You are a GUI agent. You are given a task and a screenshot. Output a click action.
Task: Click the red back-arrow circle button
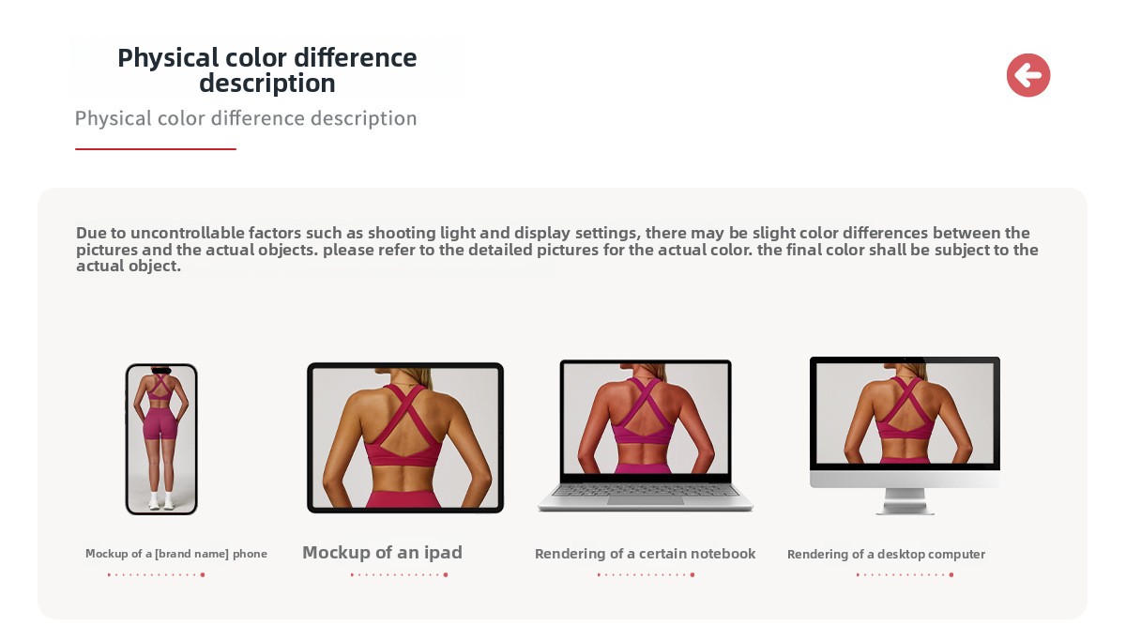point(1028,75)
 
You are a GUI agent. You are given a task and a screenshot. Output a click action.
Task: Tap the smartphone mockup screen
point(161,439)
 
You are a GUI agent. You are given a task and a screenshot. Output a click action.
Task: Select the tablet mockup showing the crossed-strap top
point(405,437)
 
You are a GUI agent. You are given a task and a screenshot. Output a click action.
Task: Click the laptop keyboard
point(646,490)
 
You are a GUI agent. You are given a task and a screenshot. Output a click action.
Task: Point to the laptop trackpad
point(646,500)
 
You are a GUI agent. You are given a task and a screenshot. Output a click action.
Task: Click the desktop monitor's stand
point(905,501)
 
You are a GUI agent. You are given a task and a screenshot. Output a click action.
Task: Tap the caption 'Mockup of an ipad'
point(382,553)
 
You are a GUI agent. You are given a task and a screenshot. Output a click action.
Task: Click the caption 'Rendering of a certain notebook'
point(645,554)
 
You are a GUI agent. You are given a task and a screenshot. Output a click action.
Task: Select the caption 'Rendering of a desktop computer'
point(886,554)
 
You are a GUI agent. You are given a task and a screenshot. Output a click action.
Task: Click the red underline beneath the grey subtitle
point(156,149)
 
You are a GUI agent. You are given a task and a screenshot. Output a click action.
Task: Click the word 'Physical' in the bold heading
point(168,58)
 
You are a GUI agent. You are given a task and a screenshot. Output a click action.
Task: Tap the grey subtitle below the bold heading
point(246,118)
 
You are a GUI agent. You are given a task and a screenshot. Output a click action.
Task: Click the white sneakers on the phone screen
point(161,502)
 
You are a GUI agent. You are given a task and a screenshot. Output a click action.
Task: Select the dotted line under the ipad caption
point(399,574)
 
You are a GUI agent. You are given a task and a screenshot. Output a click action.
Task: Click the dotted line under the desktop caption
point(905,574)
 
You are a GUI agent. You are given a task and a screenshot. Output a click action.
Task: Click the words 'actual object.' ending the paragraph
point(129,266)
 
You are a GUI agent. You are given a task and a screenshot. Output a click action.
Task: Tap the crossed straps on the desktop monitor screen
point(905,400)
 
